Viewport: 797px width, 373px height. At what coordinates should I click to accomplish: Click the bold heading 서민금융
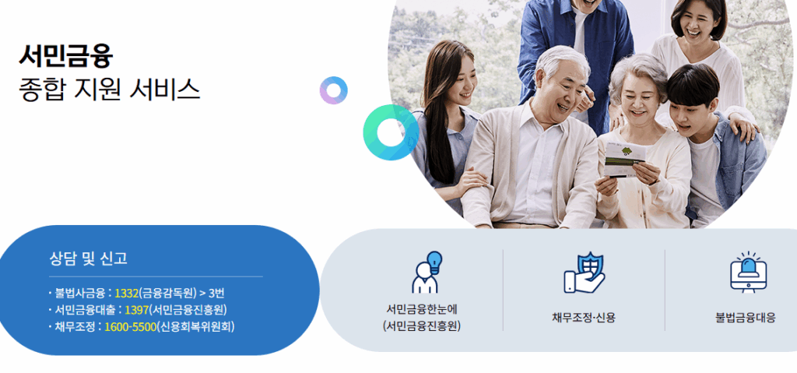(66, 55)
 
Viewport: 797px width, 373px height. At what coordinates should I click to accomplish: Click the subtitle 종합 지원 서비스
(109, 89)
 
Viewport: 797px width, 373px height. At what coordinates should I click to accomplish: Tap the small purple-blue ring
(333, 90)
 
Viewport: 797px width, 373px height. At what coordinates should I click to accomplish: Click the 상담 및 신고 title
(88, 259)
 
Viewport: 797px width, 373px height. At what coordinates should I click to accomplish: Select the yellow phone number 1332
(126, 294)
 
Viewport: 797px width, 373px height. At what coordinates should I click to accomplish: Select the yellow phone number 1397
(136, 310)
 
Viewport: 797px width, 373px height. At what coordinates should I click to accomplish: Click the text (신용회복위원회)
(196, 326)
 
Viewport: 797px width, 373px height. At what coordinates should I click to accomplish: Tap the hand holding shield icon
(584, 273)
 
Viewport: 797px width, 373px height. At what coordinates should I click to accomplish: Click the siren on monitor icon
(747, 273)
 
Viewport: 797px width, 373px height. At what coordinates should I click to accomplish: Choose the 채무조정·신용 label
(583, 318)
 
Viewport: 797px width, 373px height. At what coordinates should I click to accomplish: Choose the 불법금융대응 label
(745, 318)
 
